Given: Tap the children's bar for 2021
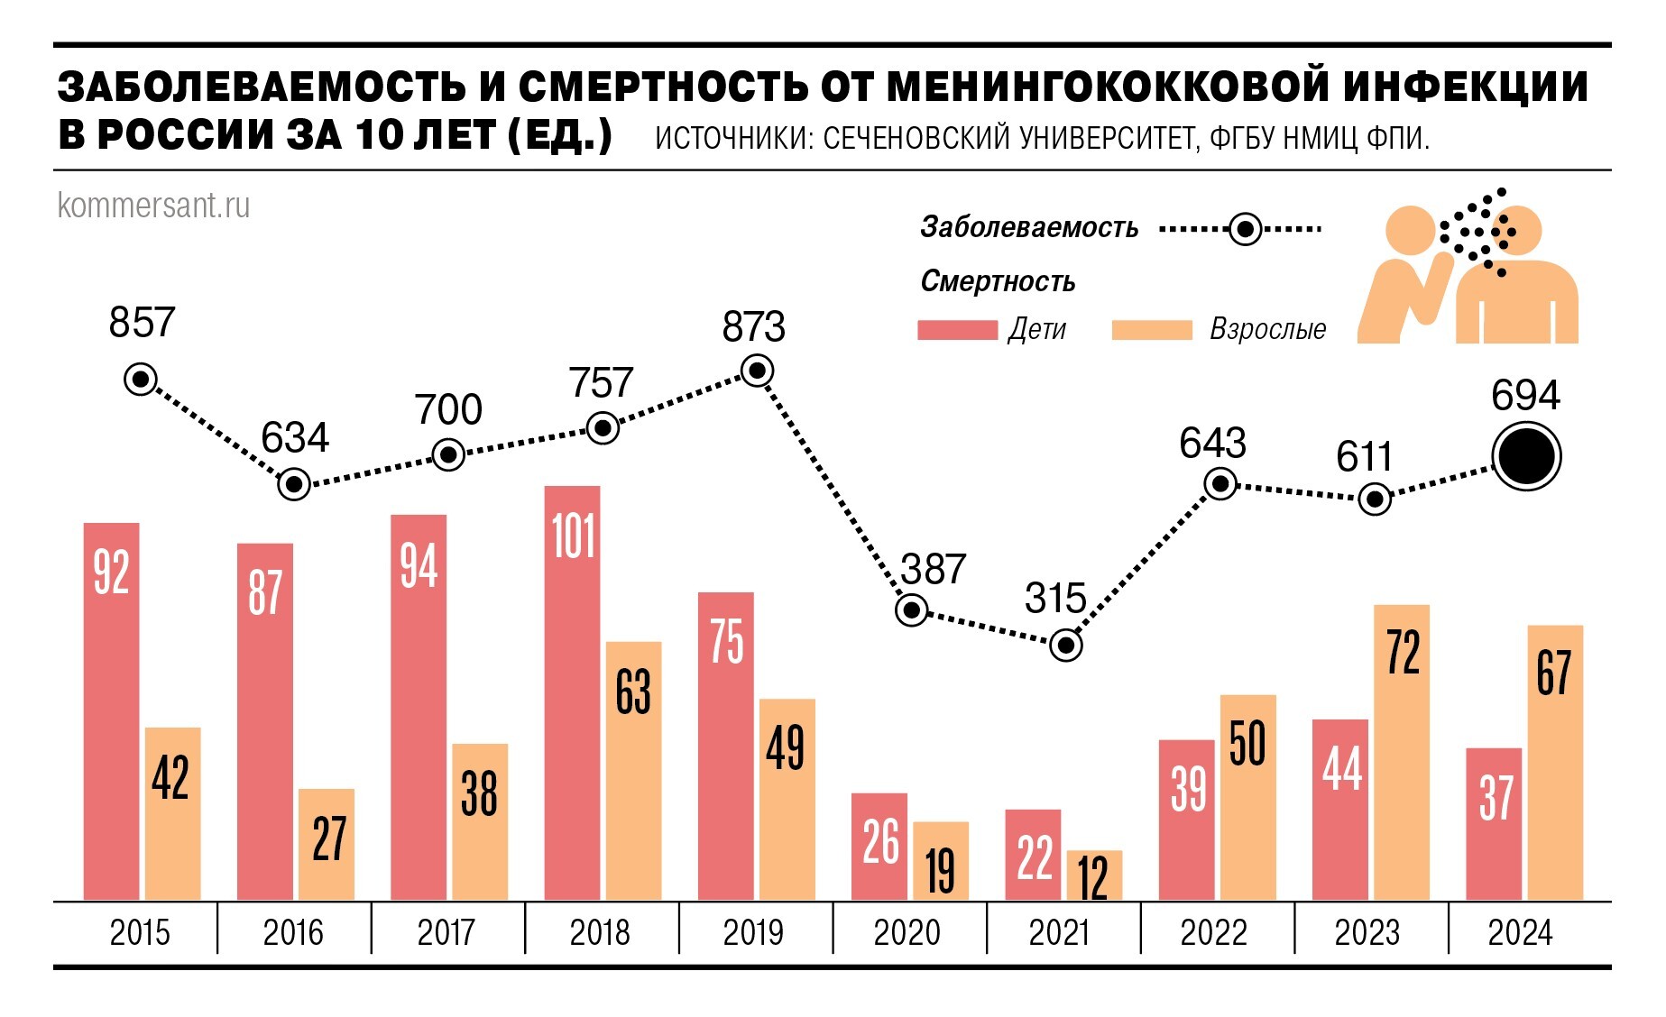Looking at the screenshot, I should [1033, 855].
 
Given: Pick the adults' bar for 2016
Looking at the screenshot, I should [327, 845].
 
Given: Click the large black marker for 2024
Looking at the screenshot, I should [1525, 457].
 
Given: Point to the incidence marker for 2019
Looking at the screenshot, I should [757, 371].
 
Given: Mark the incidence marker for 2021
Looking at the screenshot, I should [1066, 646].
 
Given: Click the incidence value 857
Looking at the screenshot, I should [142, 323].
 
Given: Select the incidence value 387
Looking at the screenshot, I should [933, 570].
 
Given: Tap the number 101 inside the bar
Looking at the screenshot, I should [573, 536].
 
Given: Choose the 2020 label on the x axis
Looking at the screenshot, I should [907, 932].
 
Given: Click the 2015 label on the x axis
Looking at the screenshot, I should [140, 932].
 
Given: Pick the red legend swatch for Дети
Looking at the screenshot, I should [957, 330].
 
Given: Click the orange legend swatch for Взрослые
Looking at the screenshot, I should [1152, 330].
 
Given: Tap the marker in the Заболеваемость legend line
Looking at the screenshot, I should [1245, 230].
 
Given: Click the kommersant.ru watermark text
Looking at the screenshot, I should [153, 206].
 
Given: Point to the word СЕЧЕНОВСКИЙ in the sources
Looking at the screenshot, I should [916, 139].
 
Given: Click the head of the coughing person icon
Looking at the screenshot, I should [1409, 230].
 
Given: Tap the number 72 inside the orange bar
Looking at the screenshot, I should [1403, 653].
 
